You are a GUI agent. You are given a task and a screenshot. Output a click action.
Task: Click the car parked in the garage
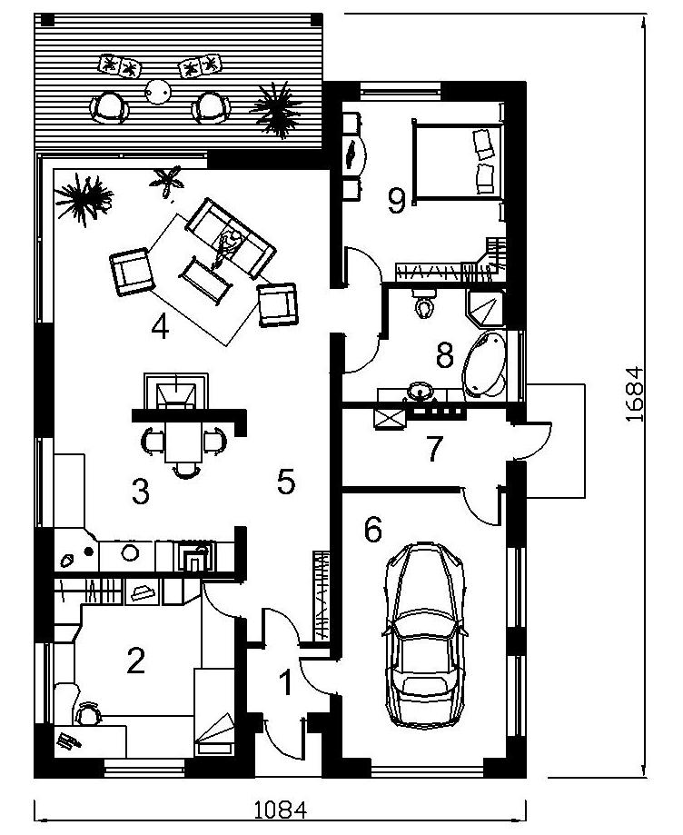(424, 635)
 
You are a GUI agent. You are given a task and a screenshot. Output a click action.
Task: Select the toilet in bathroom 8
(424, 304)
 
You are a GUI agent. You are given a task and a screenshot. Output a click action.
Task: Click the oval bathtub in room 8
(484, 365)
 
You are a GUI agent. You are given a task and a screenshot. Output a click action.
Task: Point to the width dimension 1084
(280, 810)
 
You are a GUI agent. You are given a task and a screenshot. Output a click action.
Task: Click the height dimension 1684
(635, 394)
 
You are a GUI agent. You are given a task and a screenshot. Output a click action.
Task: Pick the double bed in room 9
(459, 162)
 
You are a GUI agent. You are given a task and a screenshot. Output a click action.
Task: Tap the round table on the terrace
(159, 92)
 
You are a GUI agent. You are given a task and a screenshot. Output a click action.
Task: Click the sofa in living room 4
(230, 237)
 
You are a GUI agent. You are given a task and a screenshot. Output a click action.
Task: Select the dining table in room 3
(183, 442)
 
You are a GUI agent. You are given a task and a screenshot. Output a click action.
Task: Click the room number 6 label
(372, 530)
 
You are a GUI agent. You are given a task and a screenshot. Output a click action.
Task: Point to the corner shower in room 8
(485, 307)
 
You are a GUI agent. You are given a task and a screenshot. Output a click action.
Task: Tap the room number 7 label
(434, 449)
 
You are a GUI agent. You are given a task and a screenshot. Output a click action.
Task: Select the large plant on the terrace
(276, 109)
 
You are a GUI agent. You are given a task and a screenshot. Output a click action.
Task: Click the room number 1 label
(286, 682)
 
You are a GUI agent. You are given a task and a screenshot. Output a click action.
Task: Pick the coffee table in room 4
(205, 281)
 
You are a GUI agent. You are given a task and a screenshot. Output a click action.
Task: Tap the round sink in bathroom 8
(422, 392)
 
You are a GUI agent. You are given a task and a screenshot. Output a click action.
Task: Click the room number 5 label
(286, 482)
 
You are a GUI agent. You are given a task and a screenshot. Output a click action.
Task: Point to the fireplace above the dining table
(176, 392)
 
